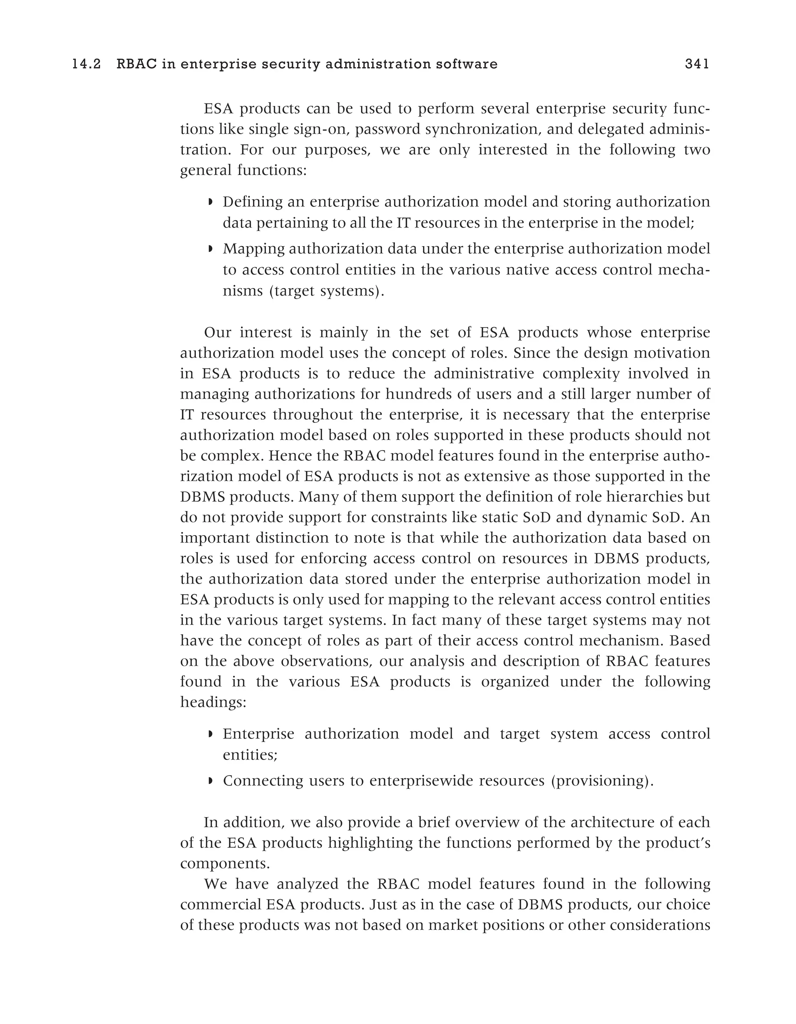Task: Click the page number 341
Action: tap(696, 64)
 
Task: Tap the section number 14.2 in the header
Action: tap(87, 64)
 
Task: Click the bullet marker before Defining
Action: tap(210, 202)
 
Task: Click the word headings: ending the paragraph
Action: tap(213, 702)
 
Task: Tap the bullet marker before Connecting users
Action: tap(210, 781)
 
